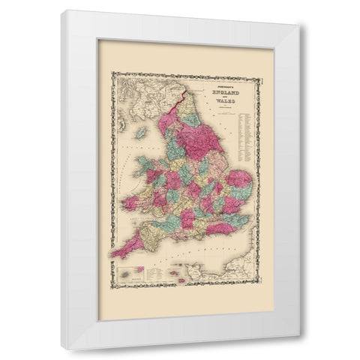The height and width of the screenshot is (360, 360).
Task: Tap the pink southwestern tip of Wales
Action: pyautogui.click(x=133, y=203)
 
